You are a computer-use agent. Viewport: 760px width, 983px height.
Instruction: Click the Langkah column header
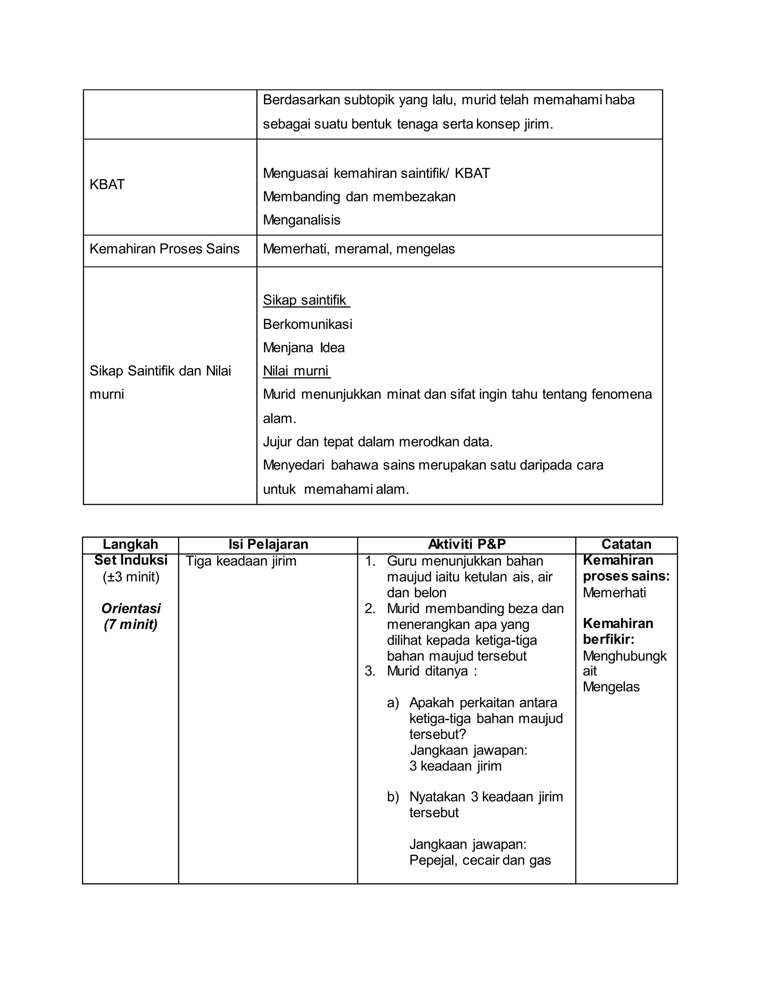[130, 544]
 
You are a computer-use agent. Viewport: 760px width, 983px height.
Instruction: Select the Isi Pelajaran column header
[268, 544]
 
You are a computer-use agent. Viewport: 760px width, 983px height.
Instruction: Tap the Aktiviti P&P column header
[466, 544]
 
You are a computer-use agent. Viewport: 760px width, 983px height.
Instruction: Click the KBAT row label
[107, 184]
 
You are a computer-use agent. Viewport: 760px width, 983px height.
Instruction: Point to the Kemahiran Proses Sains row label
[164, 249]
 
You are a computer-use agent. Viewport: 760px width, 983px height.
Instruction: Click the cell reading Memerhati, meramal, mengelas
[359, 249]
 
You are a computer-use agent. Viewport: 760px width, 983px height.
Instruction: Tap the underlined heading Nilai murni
[296, 371]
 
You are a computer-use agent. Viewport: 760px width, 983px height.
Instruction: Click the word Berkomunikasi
[308, 324]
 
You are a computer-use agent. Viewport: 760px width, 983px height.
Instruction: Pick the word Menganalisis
[301, 220]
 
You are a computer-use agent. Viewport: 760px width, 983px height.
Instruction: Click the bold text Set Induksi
[131, 560]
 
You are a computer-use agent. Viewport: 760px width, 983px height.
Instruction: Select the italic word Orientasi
[131, 608]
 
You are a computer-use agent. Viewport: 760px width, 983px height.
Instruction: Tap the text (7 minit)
[131, 625]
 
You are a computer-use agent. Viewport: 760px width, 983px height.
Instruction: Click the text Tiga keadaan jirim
[241, 561]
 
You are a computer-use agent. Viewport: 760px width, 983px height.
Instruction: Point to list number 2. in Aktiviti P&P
[370, 608]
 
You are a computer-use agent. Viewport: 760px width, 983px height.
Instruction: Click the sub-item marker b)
[393, 797]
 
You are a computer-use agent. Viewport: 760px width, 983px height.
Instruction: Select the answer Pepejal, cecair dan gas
[480, 860]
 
